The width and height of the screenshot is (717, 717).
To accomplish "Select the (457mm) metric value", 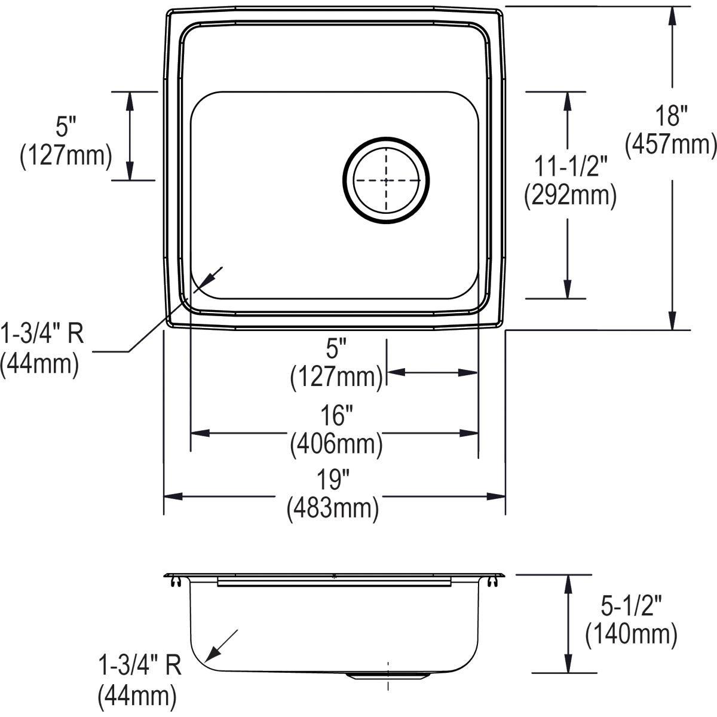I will coord(670,145).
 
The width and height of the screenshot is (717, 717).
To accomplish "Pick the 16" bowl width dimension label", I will coord(336,415).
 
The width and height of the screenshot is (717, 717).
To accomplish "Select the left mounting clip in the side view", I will coord(175,581).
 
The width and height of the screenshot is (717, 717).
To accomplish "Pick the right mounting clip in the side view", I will coord(494,581).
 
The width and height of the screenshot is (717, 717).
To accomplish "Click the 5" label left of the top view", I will coord(66,127).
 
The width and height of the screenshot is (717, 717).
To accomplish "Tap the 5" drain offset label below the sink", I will coord(336,348).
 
